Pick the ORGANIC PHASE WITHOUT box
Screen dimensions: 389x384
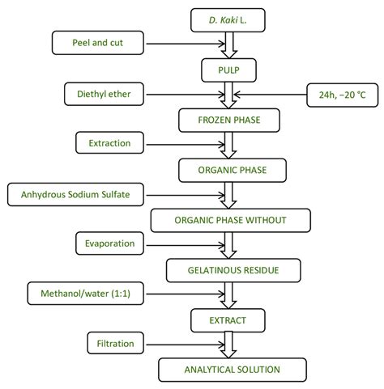(230, 220)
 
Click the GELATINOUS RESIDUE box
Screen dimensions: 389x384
(230, 269)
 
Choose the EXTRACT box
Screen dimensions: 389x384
(230, 319)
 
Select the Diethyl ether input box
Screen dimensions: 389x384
(104, 94)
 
